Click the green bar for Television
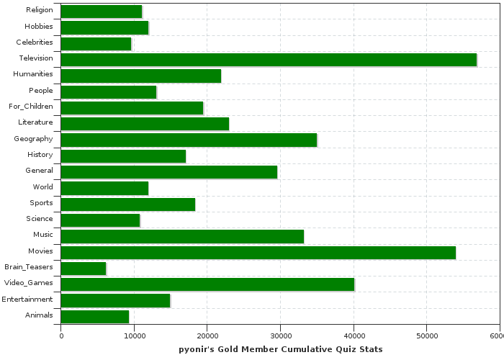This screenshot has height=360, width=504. [269, 60]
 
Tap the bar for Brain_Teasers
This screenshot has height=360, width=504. [84, 268]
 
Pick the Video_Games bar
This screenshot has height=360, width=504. [207, 284]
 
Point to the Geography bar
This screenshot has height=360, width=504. [189, 140]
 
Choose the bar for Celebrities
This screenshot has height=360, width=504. [96, 43]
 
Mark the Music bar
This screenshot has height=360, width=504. [182, 236]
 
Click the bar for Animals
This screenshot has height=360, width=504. [95, 316]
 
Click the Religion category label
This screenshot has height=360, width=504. [39, 9]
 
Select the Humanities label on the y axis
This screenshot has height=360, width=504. [33, 74]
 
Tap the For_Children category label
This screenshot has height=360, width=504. [31, 106]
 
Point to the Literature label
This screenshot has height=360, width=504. [35, 122]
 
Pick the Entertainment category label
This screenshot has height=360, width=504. [27, 300]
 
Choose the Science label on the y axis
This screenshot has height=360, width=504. [40, 219]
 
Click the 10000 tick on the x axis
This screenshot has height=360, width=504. [134, 335]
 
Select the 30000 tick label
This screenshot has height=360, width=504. [280, 335]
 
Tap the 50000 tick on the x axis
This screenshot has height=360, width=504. [426, 335]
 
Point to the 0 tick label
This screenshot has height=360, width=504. [61, 335]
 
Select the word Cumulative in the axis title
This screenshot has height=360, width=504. [307, 349]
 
